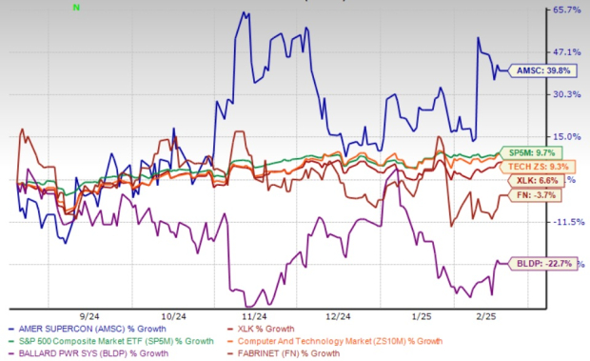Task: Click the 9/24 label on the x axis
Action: (x=92, y=314)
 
